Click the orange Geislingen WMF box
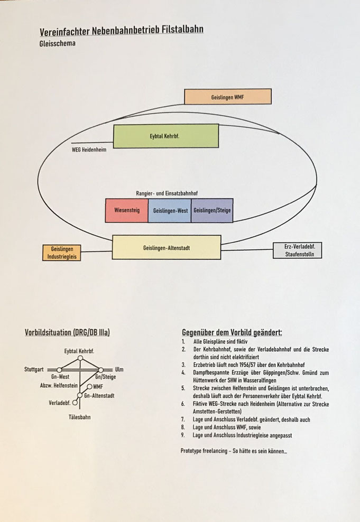click(228, 97)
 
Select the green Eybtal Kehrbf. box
click(166, 136)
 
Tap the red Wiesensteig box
click(126, 210)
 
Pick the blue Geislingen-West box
click(170, 210)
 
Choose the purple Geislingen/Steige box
click(212, 210)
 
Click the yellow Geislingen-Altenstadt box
click(167, 247)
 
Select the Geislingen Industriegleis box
click(62, 253)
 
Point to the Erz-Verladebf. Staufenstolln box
click(298, 250)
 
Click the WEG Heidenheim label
click(89, 150)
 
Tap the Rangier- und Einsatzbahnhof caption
click(167, 193)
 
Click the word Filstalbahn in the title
click(182, 30)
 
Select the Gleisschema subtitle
click(57, 43)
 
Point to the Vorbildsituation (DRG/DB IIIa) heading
click(67, 332)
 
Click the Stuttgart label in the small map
click(34, 369)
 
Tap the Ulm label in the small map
click(119, 369)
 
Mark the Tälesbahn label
click(80, 417)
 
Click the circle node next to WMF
click(89, 387)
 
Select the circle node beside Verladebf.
click(75, 403)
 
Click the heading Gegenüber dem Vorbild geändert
click(232, 332)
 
